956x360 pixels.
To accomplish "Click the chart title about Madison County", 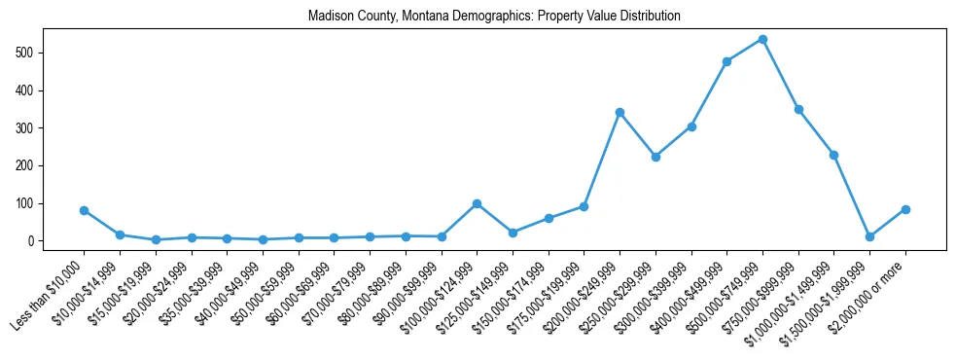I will tap(494, 17).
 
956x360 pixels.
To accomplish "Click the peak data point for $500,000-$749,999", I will tap(762, 39).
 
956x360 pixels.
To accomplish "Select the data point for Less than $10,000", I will tap(84, 210).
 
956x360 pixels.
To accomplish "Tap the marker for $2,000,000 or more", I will tap(905, 209).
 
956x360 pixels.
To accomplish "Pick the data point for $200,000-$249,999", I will tap(620, 112).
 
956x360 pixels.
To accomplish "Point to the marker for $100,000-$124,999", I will tap(477, 203).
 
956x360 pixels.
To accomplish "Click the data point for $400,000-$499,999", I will tap(726, 61).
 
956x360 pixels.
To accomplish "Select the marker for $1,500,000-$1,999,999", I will tap(869, 236).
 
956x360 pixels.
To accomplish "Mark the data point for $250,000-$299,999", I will tap(655, 157).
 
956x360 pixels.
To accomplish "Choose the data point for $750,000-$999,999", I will tap(798, 109).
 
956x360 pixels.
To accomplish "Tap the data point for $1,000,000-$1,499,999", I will tap(833, 155).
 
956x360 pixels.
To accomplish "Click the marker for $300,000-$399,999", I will tap(691, 126).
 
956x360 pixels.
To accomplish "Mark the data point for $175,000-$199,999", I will tap(584, 206).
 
